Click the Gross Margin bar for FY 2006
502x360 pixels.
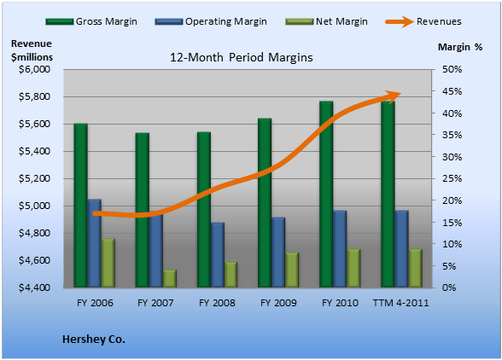click(80, 205)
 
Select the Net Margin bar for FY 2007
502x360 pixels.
click(170, 278)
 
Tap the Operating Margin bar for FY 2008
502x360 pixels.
click(218, 255)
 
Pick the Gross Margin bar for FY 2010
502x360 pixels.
click(326, 195)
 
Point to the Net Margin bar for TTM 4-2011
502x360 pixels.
click(415, 268)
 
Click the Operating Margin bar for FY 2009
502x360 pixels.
click(278, 253)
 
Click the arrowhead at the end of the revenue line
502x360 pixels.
click(393, 96)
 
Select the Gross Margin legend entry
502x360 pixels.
click(91, 21)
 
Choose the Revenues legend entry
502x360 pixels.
click(423, 21)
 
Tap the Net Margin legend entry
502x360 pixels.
click(326, 21)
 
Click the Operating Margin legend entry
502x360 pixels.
click(211, 21)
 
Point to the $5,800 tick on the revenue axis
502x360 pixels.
click(34, 96)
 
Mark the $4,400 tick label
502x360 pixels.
click(34, 287)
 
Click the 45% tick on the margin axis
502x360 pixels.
click(452, 91)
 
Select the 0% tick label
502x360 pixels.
click(449, 287)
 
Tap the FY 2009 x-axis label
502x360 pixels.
click(278, 303)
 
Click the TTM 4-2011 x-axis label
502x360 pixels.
click(401, 303)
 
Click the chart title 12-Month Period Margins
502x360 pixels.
click(242, 58)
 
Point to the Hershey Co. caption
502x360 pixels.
click(94, 340)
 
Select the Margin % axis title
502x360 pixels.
click(460, 47)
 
